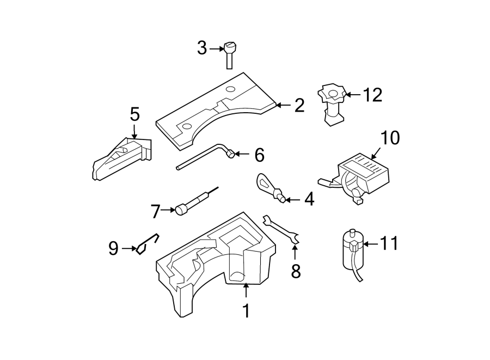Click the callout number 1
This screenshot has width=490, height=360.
[246, 311]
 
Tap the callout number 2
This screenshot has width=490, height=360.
[299, 106]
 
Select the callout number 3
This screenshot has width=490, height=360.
[202, 48]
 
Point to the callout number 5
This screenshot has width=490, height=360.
[134, 114]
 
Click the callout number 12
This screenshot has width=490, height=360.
[373, 95]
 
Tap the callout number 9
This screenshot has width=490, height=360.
[113, 248]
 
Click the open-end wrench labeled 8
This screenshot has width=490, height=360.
[281, 229]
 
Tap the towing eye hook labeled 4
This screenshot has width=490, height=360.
[268, 187]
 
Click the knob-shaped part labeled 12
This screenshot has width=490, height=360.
[332, 103]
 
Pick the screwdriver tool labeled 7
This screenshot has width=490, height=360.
[193, 202]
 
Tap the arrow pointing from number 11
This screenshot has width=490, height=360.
[370, 244]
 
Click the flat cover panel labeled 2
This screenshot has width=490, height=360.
[212, 112]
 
